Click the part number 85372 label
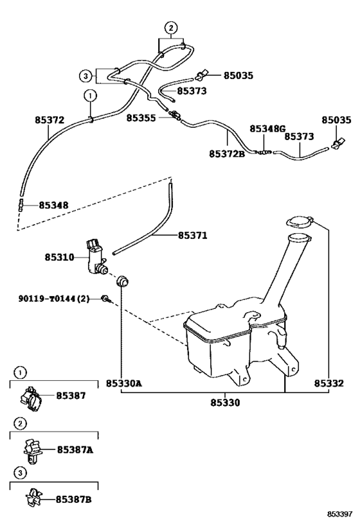[50, 120]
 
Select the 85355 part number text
[141, 118]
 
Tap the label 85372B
[227, 154]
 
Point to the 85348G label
[267, 128]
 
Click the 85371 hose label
[192, 236]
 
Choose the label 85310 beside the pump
[60, 258]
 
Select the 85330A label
[123, 383]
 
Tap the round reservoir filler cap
[298, 223]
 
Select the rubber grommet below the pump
[121, 281]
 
